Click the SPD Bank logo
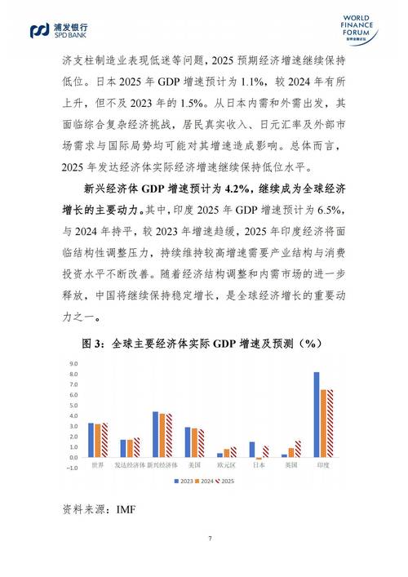(x=58, y=30)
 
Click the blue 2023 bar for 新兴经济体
(x=155, y=434)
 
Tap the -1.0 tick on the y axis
(x=72, y=468)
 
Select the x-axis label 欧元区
(x=226, y=465)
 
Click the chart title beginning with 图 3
(x=204, y=343)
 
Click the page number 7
(x=210, y=538)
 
